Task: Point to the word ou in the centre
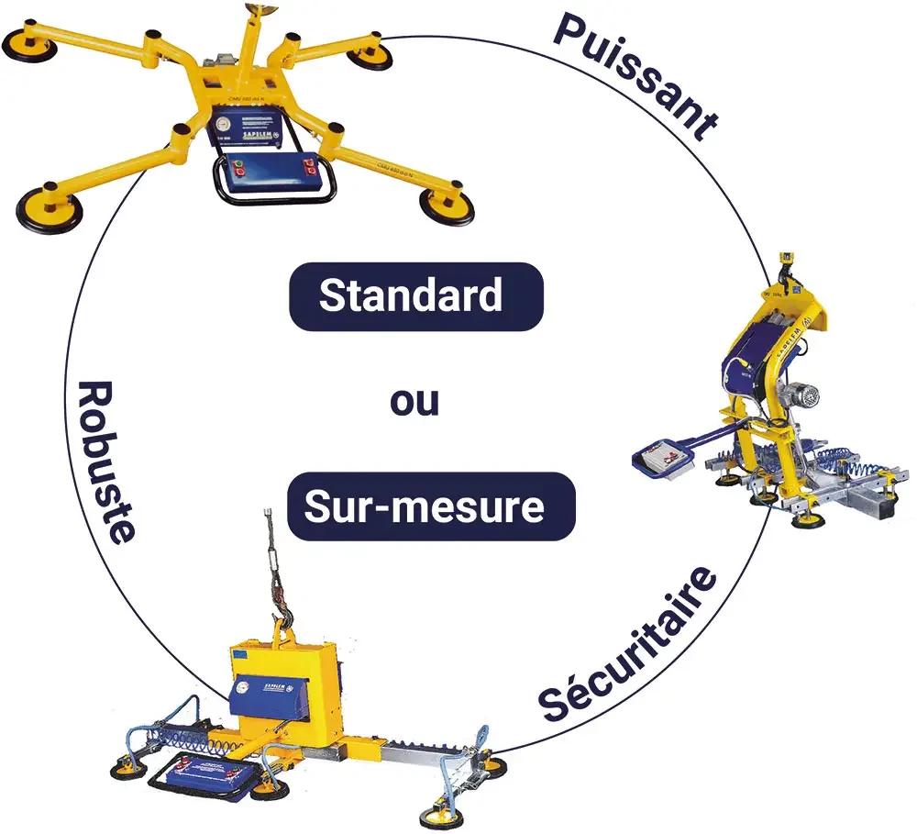414,401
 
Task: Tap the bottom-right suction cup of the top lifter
447,206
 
